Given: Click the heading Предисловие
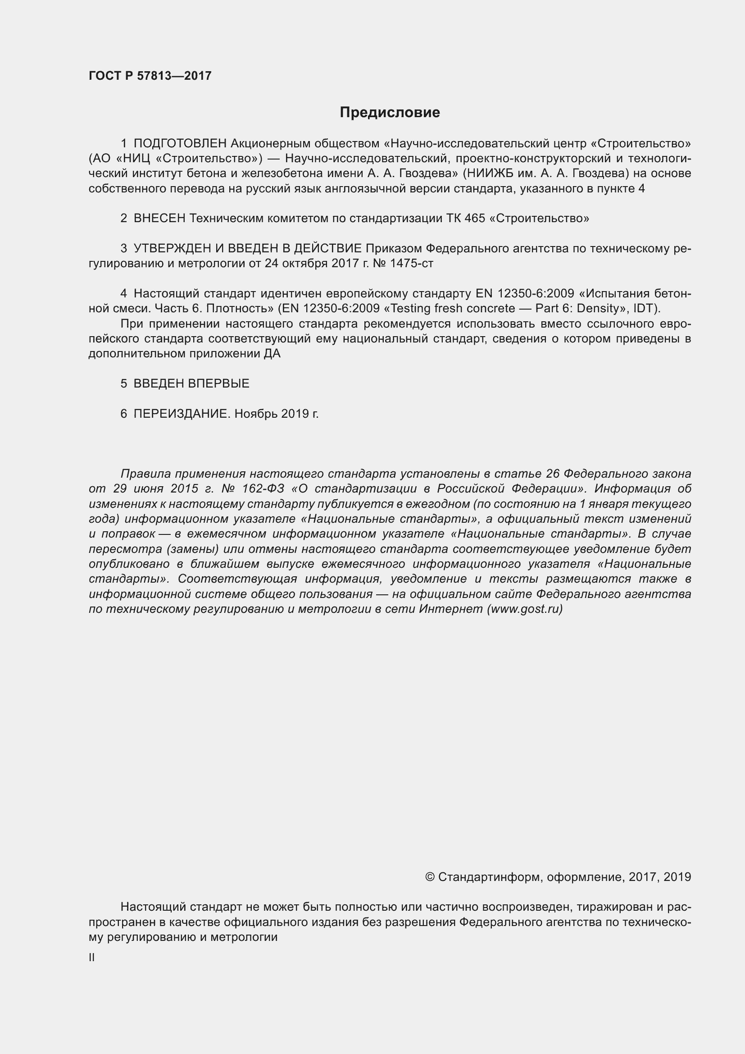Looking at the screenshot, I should click(x=390, y=113).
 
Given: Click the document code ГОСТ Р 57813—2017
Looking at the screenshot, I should click(x=150, y=76).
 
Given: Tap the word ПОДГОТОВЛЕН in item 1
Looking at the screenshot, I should click(x=180, y=144).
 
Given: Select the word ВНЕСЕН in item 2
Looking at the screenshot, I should click(x=159, y=219).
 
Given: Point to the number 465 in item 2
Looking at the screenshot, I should click(x=474, y=219).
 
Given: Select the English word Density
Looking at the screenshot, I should click(x=598, y=308).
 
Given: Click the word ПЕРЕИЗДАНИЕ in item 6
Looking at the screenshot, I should click(x=181, y=414).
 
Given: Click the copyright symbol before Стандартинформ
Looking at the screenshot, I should click(x=430, y=877).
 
